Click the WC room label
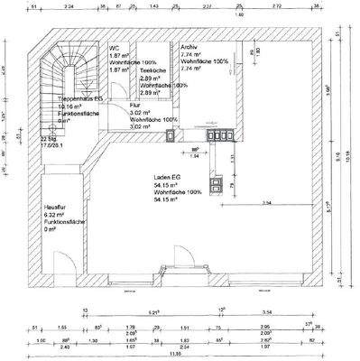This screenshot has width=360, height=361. (x=115, y=48)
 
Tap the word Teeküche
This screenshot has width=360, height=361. (x=152, y=70)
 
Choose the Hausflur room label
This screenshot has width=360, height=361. (x=57, y=207)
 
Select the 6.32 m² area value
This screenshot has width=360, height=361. (x=57, y=215)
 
